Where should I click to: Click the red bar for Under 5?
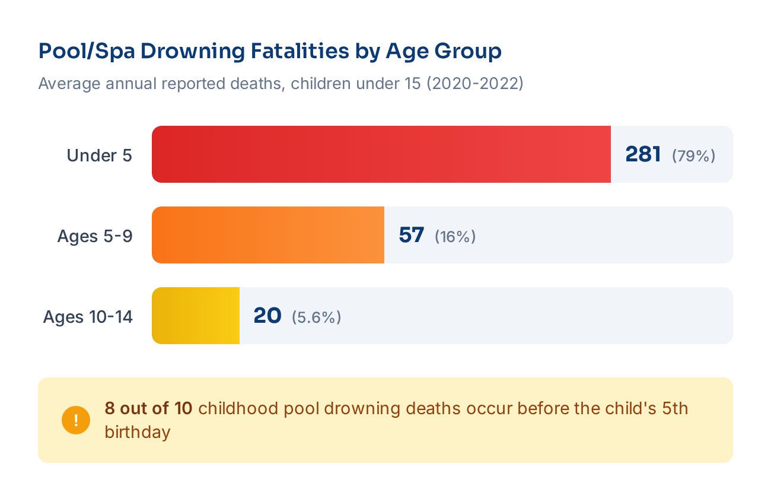(x=381, y=154)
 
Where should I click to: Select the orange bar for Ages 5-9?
(x=268, y=235)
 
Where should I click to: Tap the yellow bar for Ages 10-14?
(x=196, y=316)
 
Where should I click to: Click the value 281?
(x=643, y=154)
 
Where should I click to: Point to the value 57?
(x=412, y=235)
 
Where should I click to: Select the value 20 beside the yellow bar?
(x=267, y=316)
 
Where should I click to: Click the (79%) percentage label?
(x=693, y=156)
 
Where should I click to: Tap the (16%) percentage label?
(x=455, y=237)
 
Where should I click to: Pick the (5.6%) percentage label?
(x=316, y=317)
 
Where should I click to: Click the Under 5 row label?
(x=100, y=155)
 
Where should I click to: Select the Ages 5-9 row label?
(x=95, y=236)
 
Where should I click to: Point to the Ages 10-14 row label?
(x=88, y=317)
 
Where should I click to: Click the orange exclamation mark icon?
(x=76, y=420)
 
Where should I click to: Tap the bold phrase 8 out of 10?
(x=148, y=408)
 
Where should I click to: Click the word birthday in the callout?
(x=138, y=432)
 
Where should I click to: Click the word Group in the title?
(x=468, y=52)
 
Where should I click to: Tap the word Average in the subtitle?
(x=69, y=84)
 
